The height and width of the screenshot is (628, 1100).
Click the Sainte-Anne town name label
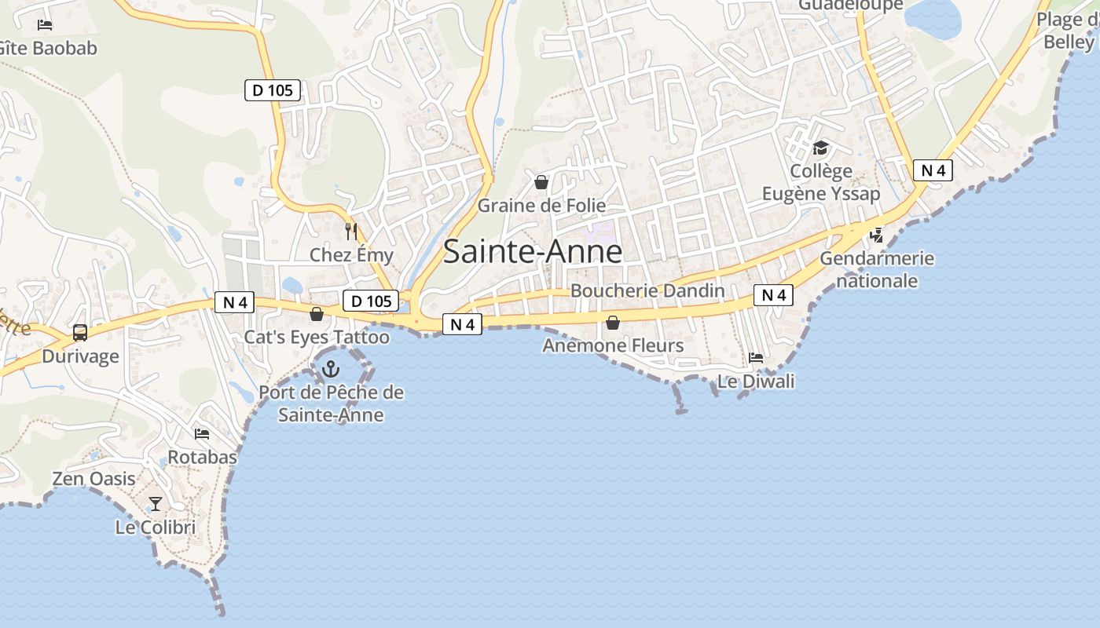pyautogui.click(x=533, y=251)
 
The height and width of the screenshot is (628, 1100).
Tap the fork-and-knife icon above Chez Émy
pyautogui.click(x=351, y=231)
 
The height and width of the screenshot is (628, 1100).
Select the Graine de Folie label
pyautogui.click(x=542, y=206)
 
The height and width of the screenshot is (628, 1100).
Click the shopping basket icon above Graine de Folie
pyautogui.click(x=541, y=183)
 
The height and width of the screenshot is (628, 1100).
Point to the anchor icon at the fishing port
pyautogui.click(x=332, y=368)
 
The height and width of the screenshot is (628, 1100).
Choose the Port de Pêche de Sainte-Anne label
pyautogui.click(x=331, y=403)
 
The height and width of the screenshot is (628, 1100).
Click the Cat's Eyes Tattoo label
pyautogui.click(x=317, y=338)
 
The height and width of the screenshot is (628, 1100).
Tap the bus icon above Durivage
pyautogui.click(x=80, y=333)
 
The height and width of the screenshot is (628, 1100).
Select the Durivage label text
pyautogui.click(x=80, y=356)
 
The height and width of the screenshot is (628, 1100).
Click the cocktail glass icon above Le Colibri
pyautogui.click(x=156, y=504)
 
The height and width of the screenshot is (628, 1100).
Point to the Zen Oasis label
pyautogui.click(x=93, y=478)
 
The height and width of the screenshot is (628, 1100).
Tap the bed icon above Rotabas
pyautogui.click(x=202, y=433)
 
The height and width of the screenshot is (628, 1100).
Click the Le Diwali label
pyautogui.click(x=756, y=382)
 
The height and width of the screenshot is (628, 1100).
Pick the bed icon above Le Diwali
pyautogui.click(x=756, y=358)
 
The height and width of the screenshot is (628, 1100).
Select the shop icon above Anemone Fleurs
pyautogui.click(x=613, y=323)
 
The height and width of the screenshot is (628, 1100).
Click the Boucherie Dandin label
pyautogui.click(x=647, y=290)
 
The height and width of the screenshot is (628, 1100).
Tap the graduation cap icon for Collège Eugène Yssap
pyautogui.click(x=821, y=148)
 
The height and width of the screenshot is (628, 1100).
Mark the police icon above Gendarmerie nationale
pyautogui.click(x=877, y=235)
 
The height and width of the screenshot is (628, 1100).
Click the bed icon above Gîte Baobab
pyautogui.click(x=45, y=25)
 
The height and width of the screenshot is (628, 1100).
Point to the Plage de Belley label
pyautogui.click(x=1068, y=31)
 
